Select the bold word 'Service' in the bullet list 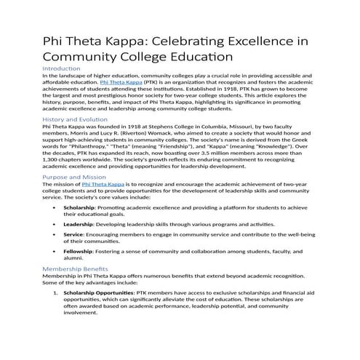point(73,235)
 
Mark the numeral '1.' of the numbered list point(55,292)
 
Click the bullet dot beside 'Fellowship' point(56,251)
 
